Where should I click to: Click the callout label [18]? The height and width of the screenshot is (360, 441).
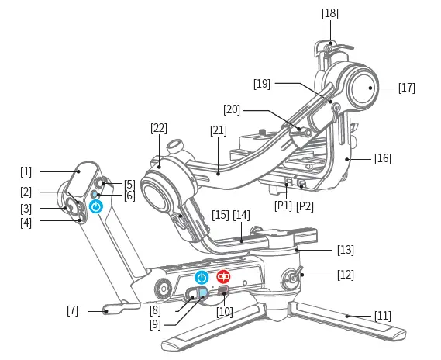tap(329, 13)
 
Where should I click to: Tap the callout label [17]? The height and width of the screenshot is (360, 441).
tap(406, 88)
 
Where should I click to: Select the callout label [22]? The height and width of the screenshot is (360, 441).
tap(159, 128)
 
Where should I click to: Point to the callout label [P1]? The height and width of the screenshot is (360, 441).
tap(282, 206)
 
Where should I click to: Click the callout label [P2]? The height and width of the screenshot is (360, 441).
tap(305, 206)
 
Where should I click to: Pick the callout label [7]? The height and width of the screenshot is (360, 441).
tap(73, 311)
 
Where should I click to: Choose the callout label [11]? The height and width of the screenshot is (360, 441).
tap(381, 316)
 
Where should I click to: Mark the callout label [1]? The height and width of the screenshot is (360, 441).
tap(26, 170)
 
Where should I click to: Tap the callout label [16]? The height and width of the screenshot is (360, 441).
tap(382, 158)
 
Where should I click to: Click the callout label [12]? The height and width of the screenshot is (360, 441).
tap(345, 275)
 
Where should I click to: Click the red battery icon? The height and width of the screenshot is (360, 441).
tap(223, 276)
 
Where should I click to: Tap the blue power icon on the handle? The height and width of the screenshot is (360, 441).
tap(95, 206)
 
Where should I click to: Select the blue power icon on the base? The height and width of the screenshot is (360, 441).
tap(202, 277)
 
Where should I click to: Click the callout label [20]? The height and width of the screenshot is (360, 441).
tap(233, 109)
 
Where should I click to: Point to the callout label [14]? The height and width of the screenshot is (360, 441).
tap(242, 214)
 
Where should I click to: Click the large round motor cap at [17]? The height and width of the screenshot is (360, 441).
tap(358, 87)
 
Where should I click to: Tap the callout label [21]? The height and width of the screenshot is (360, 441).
tap(218, 130)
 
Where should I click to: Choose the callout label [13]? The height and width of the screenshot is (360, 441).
tap(345, 250)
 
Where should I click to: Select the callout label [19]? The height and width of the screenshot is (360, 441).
tap(261, 82)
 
